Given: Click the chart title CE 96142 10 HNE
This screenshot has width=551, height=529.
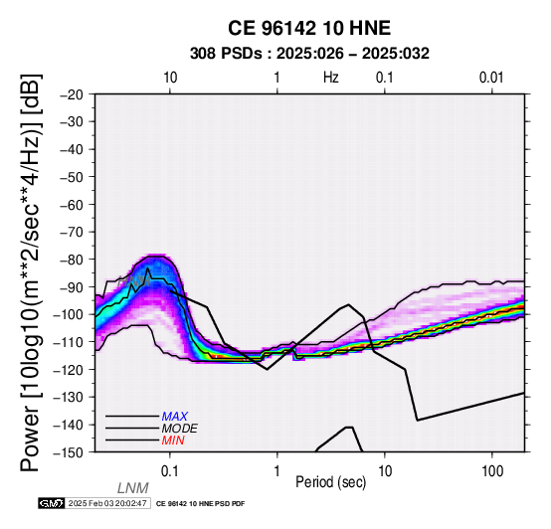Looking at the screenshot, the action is (309, 28).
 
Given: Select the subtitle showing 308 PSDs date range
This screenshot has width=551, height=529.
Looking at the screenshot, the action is (309, 54).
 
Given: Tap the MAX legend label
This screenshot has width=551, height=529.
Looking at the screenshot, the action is (175, 417).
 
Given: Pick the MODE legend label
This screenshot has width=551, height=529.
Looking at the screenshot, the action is (180, 429).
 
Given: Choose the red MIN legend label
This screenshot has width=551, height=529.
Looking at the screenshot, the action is (173, 441).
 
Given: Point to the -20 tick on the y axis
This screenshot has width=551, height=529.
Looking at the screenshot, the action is (72, 94).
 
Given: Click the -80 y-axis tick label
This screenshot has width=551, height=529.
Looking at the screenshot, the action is (72, 260).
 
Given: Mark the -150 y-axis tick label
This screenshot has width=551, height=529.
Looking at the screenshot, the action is (69, 452).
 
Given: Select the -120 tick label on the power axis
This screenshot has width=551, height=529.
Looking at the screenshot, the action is (69, 370).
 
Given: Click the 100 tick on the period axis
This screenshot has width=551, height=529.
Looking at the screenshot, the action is (492, 471).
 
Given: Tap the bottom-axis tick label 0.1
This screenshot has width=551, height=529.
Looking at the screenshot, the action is (170, 471).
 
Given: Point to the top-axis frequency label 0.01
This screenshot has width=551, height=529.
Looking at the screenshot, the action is (491, 78).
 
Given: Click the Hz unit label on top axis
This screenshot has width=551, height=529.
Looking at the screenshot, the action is (331, 78).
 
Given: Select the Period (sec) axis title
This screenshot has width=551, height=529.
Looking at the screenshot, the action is (330, 482).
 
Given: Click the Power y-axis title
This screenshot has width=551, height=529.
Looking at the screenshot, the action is (31, 272).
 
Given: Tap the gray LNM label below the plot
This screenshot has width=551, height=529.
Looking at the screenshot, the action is (133, 488).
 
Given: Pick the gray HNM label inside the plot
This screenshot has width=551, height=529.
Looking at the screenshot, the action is (134, 281).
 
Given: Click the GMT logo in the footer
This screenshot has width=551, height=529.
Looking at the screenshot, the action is (52, 503).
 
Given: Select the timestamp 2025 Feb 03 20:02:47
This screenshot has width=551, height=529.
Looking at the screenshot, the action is (107, 503).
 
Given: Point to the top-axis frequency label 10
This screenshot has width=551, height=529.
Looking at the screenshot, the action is (170, 78).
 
